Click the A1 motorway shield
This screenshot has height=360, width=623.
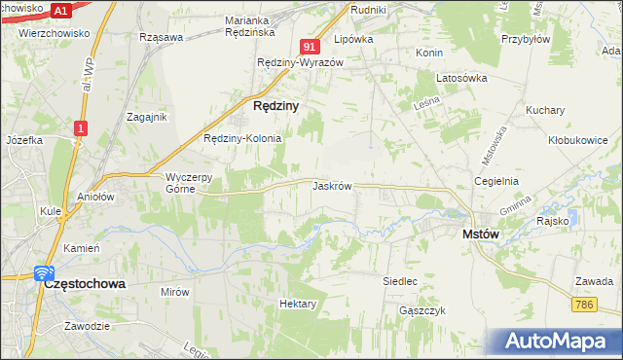(x=61, y=10)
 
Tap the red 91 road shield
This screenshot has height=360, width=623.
(x=311, y=46)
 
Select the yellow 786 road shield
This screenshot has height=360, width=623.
(x=584, y=306)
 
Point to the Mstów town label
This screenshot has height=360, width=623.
(x=480, y=234)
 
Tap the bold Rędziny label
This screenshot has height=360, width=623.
(x=275, y=104)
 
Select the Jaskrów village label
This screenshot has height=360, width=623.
(x=332, y=185)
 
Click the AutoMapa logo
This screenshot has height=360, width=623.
(x=557, y=342)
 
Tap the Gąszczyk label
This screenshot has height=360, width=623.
(x=421, y=310)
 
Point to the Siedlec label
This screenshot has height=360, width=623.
(x=400, y=281)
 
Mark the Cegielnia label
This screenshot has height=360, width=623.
(x=496, y=181)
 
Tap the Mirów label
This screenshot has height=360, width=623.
(x=174, y=291)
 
